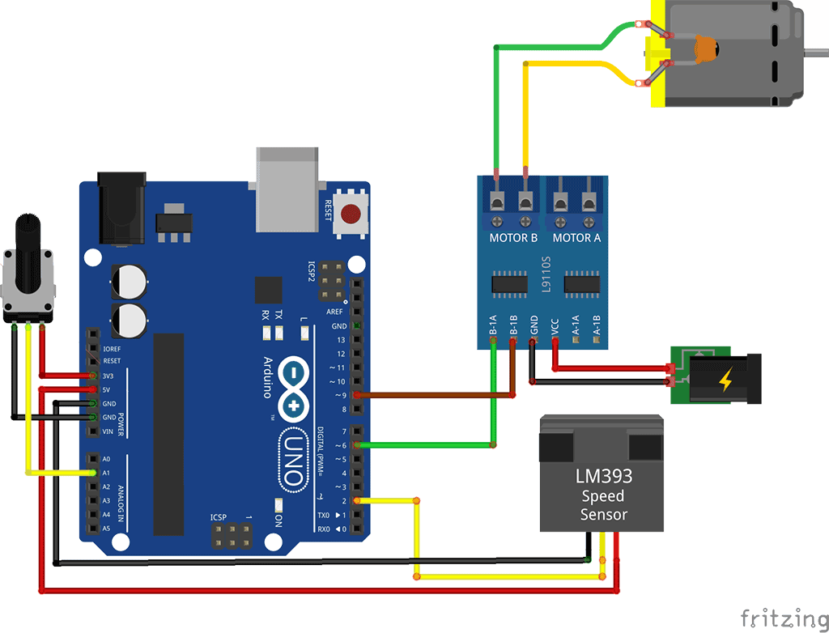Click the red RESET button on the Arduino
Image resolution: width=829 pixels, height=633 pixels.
[351, 215]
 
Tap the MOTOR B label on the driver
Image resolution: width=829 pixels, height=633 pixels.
[513, 238]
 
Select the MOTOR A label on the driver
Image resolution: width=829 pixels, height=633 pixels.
[576, 238]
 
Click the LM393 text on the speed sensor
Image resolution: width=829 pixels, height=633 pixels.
[603, 475]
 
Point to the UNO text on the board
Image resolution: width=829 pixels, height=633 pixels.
[293, 460]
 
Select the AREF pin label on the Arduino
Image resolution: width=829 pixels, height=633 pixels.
[335, 312]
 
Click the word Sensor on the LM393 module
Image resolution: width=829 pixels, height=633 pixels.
[603, 514]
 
